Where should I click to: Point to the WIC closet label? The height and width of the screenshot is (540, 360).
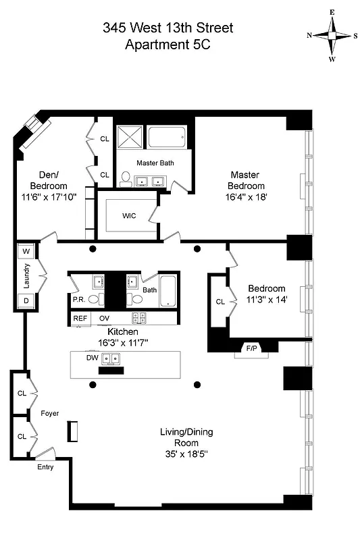tap(130, 216)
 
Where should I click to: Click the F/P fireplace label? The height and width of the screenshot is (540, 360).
tap(251, 348)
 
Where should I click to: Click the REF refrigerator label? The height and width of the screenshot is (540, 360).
tap(80, 318)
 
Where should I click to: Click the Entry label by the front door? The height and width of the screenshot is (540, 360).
tap(45, 466)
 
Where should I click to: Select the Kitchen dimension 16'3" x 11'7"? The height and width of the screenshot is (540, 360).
tap(124, 343)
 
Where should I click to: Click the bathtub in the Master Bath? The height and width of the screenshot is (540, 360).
tap(166, 139)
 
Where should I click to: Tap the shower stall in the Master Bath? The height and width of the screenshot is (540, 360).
tap(130, 138)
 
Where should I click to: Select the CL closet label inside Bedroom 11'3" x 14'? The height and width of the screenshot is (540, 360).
tap(220, 302)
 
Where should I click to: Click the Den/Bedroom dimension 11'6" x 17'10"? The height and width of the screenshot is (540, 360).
tap(49, 197)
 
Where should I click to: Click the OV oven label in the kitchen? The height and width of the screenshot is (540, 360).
tap(105, 318)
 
